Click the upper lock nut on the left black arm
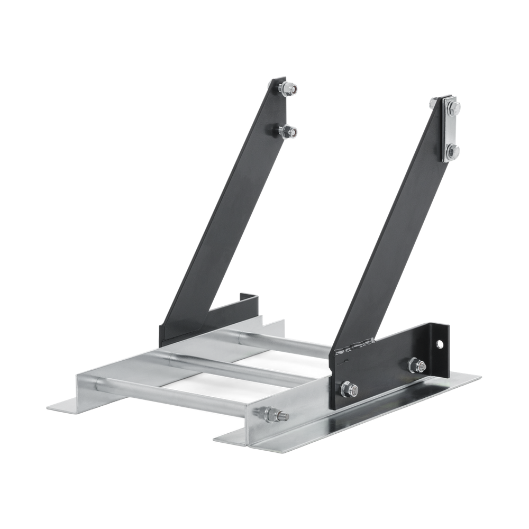pos(288,88)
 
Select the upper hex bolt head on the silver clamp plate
pos(453,108)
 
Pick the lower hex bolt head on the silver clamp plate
pos(452,152)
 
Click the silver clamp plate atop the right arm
pos(449,130)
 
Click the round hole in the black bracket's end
pos(440,344)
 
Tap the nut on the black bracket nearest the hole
pos(417,365)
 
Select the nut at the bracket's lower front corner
pos(349,390)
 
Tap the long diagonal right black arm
pos(391,227)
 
